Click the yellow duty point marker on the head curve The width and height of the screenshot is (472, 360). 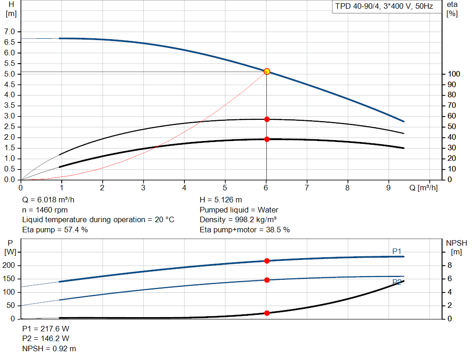pyautogui.click(x=266, y=71)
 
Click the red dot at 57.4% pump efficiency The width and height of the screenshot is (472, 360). pyautogui.click(x=266, y=119)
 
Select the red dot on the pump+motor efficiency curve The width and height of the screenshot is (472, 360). pyautogui.click(x=266, y=139)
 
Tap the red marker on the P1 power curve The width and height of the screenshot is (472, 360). pyautogui.click(x=266, y=261)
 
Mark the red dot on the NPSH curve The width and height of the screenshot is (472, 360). pyautogui.click(x=266, y=313)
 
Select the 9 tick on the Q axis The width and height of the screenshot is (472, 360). pyautogui.click(x=388, y=188)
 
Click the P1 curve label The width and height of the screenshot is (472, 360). pyautogui.click(x=396, y=251)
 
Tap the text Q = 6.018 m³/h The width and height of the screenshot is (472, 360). pyautogui.click(x=48, y=200)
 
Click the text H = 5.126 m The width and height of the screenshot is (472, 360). pyautogui.click(x=220, y=200)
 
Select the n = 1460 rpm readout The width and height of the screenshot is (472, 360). pyautogui.click(x=45, y=210)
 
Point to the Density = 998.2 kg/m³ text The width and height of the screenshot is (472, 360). pyautogui.click(x=238, y=219)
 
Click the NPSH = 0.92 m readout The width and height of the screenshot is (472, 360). pyautogui.click(x=49, y=348)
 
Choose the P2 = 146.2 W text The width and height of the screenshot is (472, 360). pyautogui.click(x=46, y=339)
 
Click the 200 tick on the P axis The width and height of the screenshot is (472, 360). pyautogui.click(x=11, y=266)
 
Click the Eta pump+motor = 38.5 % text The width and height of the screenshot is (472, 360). pyautogui.click(x=244, y=230)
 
